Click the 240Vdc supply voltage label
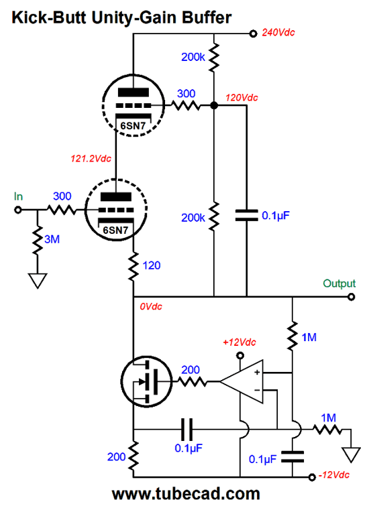pos(278,32)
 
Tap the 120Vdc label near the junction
pos(242,97)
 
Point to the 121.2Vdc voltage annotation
pos(91,158)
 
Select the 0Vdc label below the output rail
pos(151,306)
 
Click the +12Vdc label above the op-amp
pos(240,342)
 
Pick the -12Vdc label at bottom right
pos(334,475)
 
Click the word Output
pos(339,283)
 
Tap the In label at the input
pos(18,196)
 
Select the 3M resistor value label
pos(52,239)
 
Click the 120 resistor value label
pos(152,265)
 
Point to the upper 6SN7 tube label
pos(133,125)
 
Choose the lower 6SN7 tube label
pos(115,230)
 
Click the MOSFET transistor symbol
pos(146,381)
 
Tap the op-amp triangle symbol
pos(242,381)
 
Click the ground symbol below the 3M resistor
pos(38,281)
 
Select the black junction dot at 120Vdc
pos(214,105)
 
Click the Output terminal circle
pos(352,297)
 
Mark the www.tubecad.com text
pos(186,494)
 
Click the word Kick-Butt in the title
pos(49,17)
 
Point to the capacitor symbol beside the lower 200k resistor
pos(246,215)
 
